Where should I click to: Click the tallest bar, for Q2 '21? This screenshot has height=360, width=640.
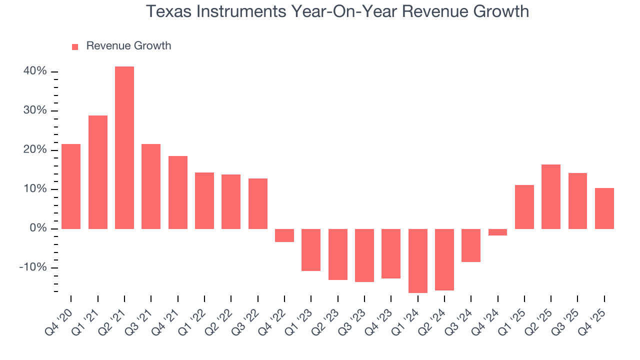click(124, 147)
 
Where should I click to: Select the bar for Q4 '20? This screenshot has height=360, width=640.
click(71, 186)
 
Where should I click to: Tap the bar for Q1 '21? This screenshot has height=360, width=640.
click(97, 172)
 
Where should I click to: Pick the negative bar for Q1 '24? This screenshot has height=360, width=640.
click(417, 260)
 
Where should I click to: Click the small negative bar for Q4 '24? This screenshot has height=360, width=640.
click(497, 232)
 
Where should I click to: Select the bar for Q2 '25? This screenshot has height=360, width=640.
click(551, 196)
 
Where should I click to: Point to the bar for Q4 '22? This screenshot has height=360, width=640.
click(284, 235)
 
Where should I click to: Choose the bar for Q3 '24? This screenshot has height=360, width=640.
click(471, 245)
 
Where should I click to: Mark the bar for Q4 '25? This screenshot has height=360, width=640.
click(604, 208)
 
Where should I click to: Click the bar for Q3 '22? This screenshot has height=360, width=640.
click(257, 203)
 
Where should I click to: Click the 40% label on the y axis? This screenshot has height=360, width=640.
click(35, 71)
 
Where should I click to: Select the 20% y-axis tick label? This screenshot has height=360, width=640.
click(35, 150)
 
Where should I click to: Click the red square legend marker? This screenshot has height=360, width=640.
click(75, 46)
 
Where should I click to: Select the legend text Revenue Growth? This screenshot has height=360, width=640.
click(128, 46)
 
